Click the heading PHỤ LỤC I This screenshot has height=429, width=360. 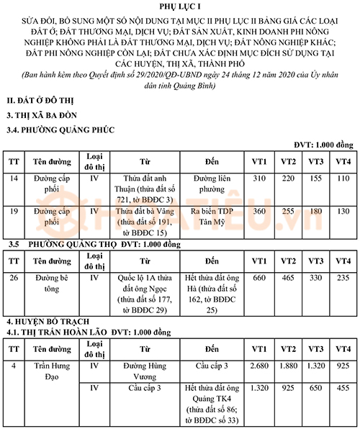(x=180, y=6)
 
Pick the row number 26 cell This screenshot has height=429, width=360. (x=16, y=278)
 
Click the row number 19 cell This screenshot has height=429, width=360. (x=16, y=212)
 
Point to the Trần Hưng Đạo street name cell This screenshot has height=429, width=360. (x=50, y=371)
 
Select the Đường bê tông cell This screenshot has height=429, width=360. (x=50, y=283)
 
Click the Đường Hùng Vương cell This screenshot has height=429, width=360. (x=144, y=371)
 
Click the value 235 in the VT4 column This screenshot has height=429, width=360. (x=342, y=278)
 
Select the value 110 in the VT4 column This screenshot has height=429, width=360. (x=342, y=178)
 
